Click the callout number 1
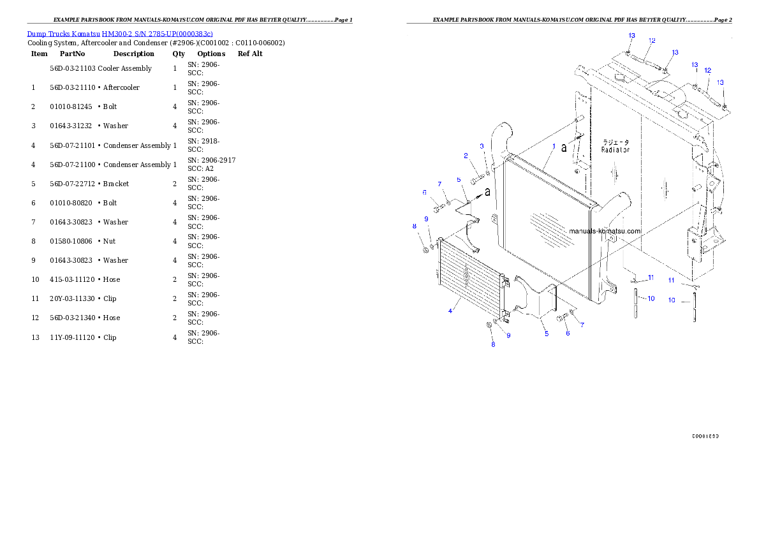554,146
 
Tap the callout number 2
466,156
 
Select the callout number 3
482,147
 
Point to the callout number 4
450,311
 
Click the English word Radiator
615,150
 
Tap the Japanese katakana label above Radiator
615,142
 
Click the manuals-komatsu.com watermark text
605,231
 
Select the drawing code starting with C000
705,436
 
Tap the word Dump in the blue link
34,33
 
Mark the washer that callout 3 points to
488,172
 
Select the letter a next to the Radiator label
564,148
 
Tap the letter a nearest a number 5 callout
488,191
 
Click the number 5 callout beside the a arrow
459,180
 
